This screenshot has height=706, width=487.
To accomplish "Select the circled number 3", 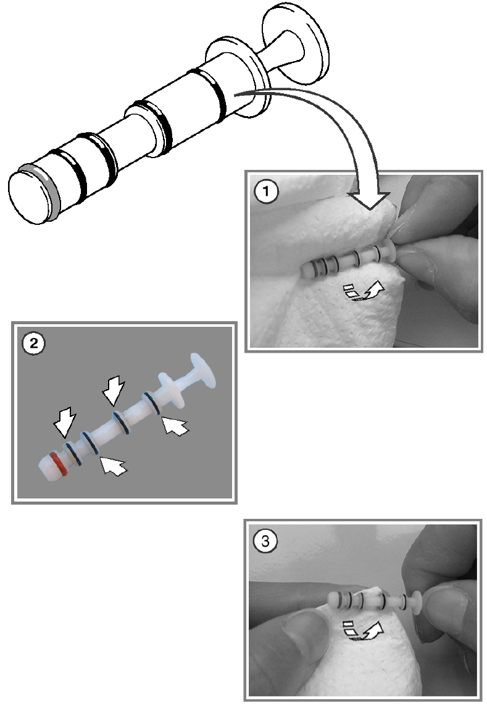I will coord(266,542).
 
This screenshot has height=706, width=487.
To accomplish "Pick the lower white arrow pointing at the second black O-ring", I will coord(111,464).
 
